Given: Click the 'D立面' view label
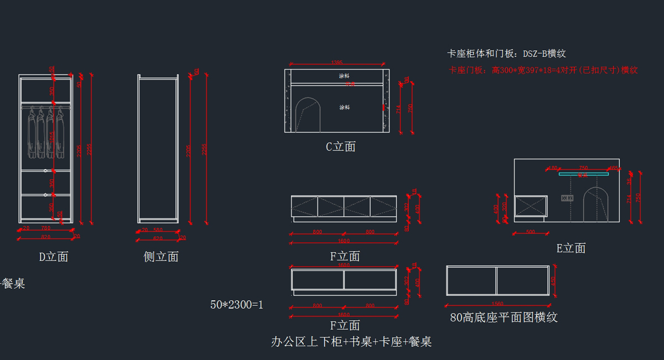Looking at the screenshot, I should pos(54,257).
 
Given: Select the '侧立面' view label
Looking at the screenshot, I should pos(161,257).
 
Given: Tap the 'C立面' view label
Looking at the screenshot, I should pos(340,147).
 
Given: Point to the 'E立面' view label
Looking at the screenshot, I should pos(571,248).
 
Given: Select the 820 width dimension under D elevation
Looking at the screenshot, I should pos(45,237).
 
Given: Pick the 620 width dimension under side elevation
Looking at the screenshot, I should pos(158,238).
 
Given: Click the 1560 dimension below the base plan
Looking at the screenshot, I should pos(497,304).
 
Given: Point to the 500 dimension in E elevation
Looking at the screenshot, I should pos(530,232).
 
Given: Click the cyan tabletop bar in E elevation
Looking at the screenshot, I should pos(583,174).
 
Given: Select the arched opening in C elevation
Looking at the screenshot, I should pos(308,115).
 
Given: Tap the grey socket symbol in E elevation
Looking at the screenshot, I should pos(567,197).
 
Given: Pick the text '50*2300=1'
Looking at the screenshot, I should pos(237,304).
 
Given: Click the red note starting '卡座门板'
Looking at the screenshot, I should pos(543,70).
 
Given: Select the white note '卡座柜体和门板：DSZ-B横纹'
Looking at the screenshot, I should pos(506,54).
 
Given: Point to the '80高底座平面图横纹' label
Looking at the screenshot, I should pos(504,317).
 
